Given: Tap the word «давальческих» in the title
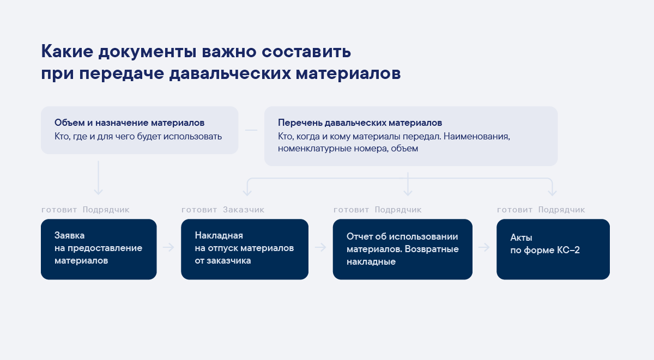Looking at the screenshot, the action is coord(230,74).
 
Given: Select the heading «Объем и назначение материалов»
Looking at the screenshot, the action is coord(129,123).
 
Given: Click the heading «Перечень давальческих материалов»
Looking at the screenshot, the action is coord(360,123).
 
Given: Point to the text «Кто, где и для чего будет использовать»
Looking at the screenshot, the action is coord(138,137).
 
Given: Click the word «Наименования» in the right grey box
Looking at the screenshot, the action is coord(477,137).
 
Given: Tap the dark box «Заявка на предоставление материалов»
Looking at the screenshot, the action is coord(99,249).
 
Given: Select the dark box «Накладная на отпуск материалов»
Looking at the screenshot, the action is coord(245,249).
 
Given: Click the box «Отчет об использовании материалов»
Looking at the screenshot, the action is coord(403,249).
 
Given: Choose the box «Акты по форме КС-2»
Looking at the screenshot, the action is coord(553,249).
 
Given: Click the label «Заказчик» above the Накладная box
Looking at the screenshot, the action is coord(244,210).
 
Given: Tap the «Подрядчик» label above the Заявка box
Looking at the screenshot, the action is coord(106,210).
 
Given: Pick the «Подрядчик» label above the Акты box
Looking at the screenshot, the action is coord(561,210).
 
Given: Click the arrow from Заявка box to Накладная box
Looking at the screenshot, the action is coord(168,247).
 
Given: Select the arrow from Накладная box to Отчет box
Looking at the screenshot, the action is coord(320,247).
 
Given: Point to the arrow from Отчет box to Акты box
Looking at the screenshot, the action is coord(484,247).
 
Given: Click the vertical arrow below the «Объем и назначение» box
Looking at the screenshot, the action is coord(99,178).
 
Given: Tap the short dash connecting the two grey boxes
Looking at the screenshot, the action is coord(251,130).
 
